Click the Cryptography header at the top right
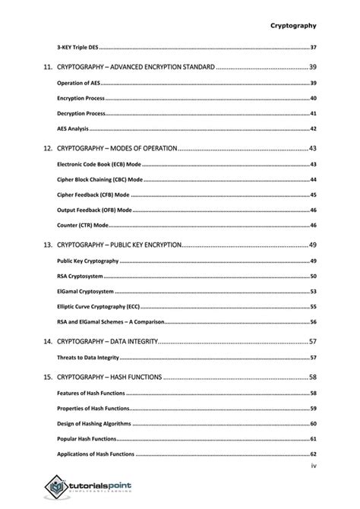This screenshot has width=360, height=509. coord(293,25)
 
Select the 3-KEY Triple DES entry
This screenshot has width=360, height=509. coord(78,48)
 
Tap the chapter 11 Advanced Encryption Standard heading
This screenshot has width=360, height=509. coord(136,68)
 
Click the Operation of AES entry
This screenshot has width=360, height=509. coord(78,83)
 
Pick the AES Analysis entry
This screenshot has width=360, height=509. coord(74,129)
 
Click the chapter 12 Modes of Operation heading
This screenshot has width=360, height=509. coord(117,147)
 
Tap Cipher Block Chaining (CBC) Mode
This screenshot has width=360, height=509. coord(99,180)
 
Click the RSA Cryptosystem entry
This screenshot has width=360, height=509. coord(80,277)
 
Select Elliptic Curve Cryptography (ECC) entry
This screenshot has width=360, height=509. coord(98,307)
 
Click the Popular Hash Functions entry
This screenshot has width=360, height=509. coord(86,439)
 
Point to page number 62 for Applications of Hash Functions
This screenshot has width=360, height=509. coord(312,454)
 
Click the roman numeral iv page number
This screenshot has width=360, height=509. coord(313,466)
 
